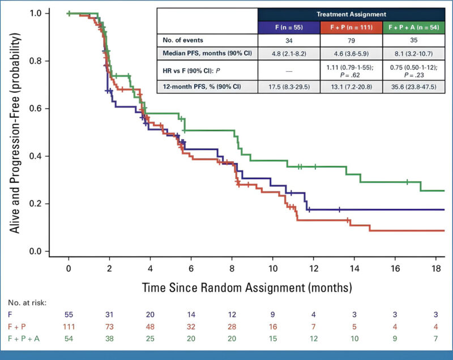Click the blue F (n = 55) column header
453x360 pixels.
point(289,27)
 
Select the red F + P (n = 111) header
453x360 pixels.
point(350,27)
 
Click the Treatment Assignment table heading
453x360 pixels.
point(350,14)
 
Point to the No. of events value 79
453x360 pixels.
point(350,41)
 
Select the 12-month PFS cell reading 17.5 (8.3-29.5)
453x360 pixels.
point(289,87)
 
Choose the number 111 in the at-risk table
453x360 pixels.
point(69,326)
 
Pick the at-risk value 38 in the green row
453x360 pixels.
point(109,338)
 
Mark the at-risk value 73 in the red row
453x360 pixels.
point(109,326)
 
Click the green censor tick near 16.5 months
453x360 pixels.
point(407,182)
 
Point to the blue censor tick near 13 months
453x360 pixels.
point(339,209)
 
